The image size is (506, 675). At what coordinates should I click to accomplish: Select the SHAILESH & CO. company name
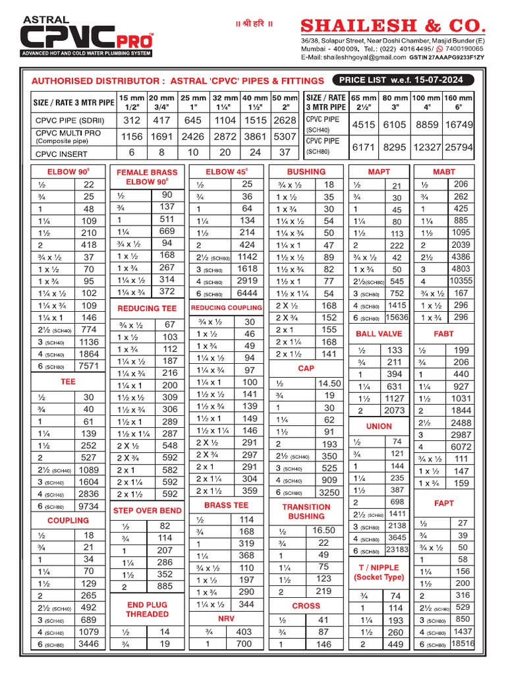[x=393, y=26]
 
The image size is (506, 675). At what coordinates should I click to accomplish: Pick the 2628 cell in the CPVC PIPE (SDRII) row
[x=285, y=121]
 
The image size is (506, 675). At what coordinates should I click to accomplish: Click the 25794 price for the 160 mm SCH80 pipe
[x=458, y=148]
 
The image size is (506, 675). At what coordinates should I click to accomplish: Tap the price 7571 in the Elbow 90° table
[x=88, y=366]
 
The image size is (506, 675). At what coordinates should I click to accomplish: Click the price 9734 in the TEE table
[x=88, y=506]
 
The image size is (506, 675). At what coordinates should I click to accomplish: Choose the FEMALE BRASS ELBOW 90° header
[x=147, y=177]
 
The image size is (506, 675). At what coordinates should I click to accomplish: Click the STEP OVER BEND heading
[x=147, y=511]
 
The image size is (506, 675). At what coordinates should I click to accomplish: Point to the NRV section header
[x=226, y=619]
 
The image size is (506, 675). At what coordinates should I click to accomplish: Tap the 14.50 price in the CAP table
[x=329, y=383]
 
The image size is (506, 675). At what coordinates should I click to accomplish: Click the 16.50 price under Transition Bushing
[x=323, y=530]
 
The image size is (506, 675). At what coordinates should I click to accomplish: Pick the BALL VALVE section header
[x=378, y=334]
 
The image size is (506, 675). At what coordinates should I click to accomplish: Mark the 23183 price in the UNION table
[x=397, y=550]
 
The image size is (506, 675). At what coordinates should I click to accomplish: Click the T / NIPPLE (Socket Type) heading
[x=378, y=572]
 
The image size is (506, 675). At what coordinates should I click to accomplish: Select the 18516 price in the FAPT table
[x=463, y=643]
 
